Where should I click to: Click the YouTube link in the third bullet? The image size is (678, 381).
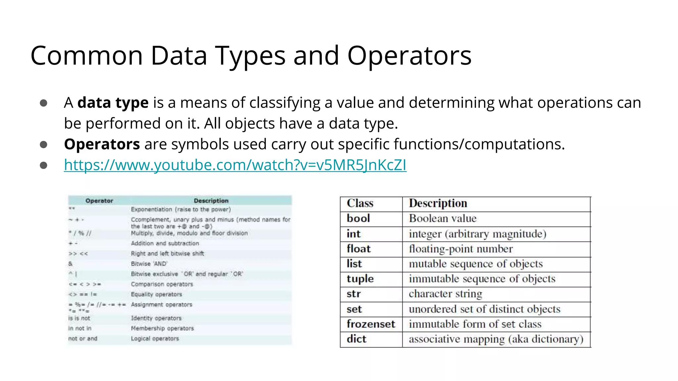(235, 165)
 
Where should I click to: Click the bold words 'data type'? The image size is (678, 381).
(113, 103)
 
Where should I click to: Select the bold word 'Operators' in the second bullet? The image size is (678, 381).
(102, 144)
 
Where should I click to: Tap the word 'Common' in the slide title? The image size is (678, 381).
(87, 56)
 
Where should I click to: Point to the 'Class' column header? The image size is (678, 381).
(360, 203)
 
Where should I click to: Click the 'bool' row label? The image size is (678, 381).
(358, 218)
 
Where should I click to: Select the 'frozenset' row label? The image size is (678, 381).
(371, 324)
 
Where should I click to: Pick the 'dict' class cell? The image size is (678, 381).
(357, 339)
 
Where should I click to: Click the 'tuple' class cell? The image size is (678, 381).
(360, 279)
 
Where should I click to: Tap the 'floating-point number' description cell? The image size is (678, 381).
(460, 249)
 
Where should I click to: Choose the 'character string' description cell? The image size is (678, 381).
(445, 294)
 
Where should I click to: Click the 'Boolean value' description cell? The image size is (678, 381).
(443, 218)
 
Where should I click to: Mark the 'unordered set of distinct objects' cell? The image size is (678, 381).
(484, 309)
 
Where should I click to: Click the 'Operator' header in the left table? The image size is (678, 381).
(99, 201)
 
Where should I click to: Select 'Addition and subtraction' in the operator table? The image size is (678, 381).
(165, 243)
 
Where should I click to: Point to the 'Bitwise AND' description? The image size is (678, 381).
(149, 264)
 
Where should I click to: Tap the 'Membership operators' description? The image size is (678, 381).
(162, 328)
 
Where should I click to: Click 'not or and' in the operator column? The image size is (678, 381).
(83, 338)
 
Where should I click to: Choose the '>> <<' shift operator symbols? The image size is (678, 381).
(78, 254)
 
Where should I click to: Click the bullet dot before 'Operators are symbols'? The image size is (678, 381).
(43, 145)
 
